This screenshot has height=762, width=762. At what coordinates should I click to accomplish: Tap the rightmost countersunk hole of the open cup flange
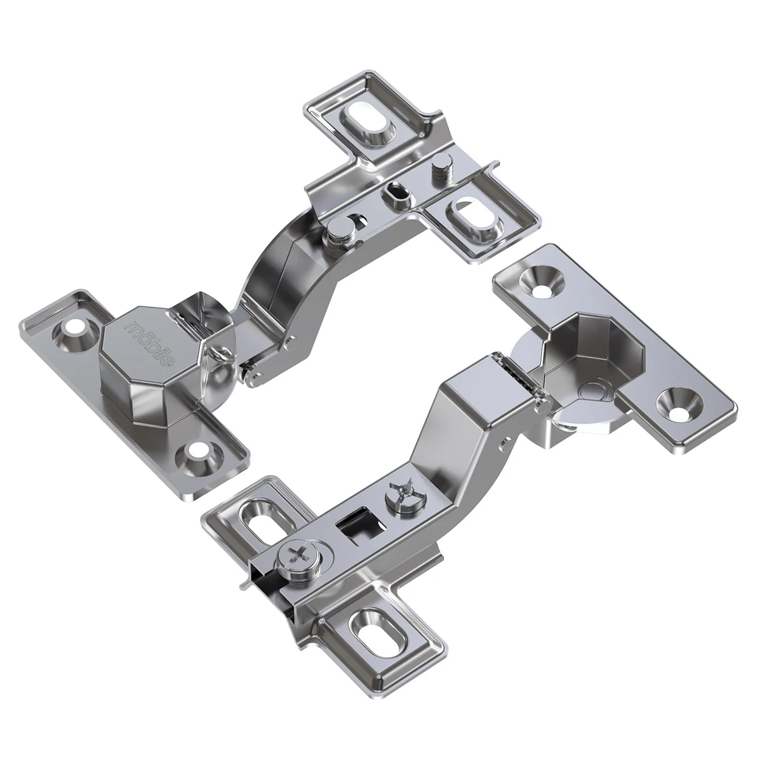coord(679,405)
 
